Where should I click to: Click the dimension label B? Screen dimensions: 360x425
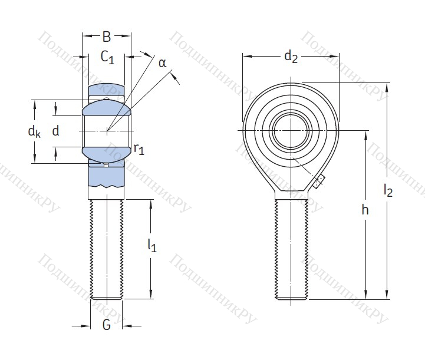click(x=106, y=37)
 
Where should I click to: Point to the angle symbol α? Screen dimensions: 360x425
click(x=162, y=62)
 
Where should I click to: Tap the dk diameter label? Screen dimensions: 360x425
click(x=34, y=131)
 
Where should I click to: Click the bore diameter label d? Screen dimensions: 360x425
click(x=55, y=131)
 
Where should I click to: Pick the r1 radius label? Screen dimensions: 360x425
click(x=139, y=149)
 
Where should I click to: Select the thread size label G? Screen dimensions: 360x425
click(x=106, y=325)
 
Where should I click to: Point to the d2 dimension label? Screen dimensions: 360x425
click(x=291, y=57)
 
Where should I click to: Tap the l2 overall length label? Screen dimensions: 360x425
click(x=388, y=190)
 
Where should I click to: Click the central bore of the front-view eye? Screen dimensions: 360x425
click(x=291, y=130)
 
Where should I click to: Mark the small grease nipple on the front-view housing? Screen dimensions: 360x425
click(x=319, y=182)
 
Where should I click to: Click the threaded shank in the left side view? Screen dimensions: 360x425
click(x=107, y=247)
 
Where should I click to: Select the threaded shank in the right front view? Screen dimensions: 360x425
click(x=291, y=247)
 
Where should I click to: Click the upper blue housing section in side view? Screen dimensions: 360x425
click(x=107, y=91)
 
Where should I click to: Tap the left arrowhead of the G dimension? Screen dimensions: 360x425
click(x=87, y=325)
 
